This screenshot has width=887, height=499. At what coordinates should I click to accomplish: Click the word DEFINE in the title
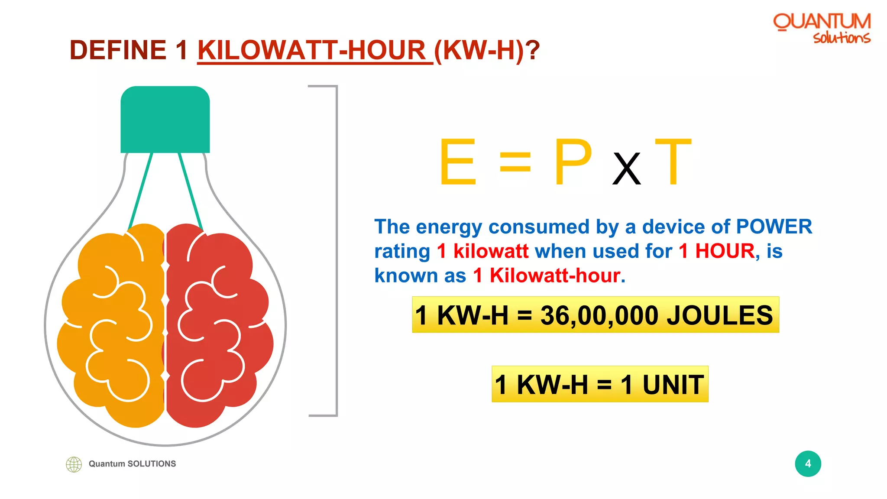click(117, 50)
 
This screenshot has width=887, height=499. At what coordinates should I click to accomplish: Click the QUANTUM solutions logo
click(822, 28)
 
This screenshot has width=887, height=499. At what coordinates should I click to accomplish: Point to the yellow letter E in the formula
click(457, 162)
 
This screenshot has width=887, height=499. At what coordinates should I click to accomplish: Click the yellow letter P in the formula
click(573, 162)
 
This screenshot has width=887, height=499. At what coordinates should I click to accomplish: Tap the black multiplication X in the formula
click(626, 169)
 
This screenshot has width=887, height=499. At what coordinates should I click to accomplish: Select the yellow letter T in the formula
click(673, 162)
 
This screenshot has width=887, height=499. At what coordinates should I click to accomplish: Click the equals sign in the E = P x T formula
click(515, 162)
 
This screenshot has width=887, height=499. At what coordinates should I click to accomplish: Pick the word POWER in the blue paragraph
click(774, 227)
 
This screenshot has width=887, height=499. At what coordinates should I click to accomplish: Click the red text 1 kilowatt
click(482, 251)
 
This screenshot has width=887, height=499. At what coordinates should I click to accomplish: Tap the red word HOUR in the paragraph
click(725, 251)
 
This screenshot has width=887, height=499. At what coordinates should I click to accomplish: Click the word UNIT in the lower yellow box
click(673, 384)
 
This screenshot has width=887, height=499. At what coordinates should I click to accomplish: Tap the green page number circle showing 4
click(808, 463)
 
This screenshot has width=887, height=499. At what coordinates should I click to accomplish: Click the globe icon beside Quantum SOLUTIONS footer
click(74, 464)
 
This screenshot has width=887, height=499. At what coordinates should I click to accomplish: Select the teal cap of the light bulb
click(165, 120)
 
